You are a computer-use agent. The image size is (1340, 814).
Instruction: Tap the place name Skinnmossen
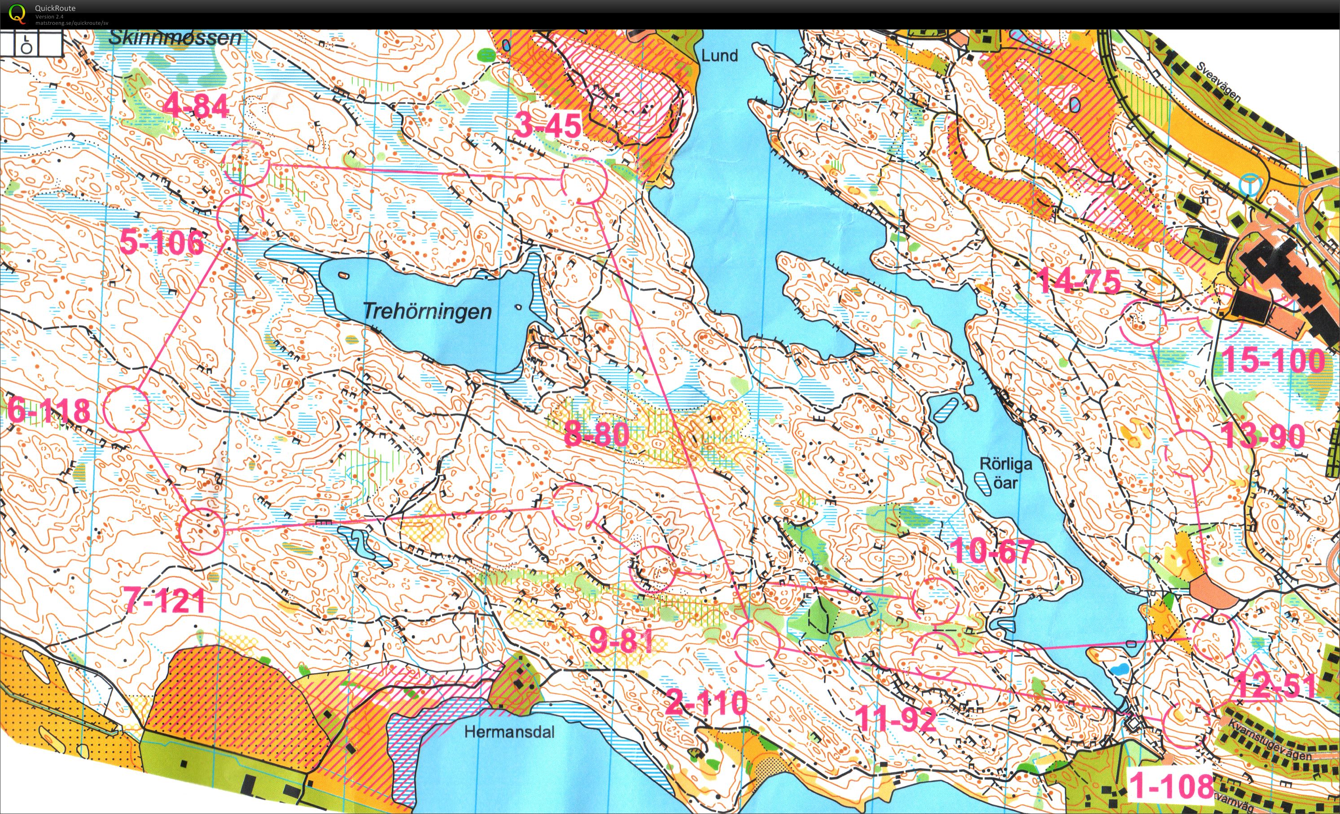175,38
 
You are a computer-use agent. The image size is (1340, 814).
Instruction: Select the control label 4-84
196,105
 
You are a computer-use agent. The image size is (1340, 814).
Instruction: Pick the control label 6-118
49,411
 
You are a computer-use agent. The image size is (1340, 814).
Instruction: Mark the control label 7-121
164,600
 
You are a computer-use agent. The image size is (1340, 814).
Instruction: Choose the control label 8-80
596,434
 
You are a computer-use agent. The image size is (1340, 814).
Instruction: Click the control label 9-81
621,640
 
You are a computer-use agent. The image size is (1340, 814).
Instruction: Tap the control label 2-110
706,703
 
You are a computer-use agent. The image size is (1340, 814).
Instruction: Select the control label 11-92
896,719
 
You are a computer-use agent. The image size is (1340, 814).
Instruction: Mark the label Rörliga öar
1006,473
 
